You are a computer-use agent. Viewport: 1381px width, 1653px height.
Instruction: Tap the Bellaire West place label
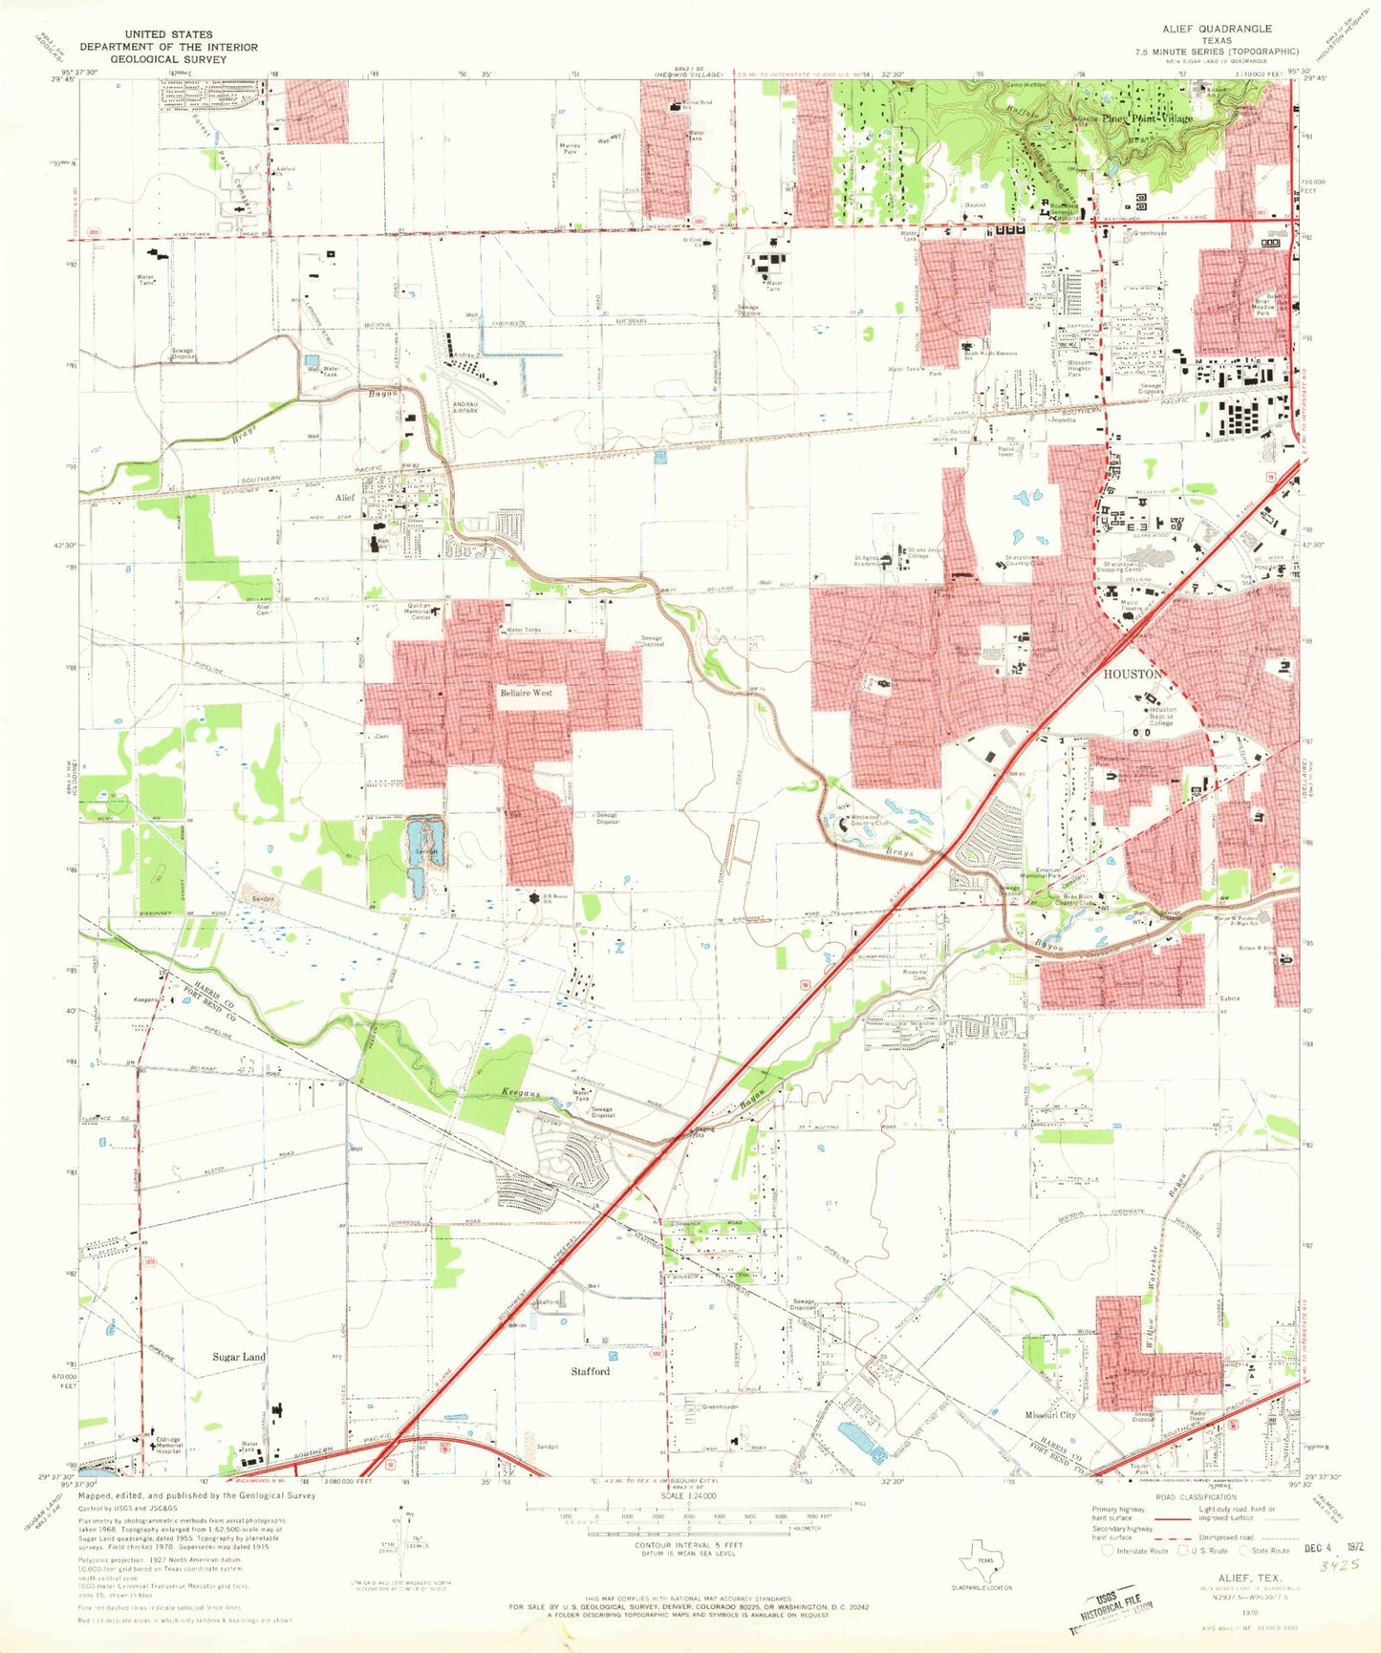526,692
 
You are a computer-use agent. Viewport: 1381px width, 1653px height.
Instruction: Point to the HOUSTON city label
1133,674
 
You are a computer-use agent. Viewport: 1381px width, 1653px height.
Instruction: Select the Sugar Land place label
239,1357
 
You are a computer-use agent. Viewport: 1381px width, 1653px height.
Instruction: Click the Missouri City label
1050,1415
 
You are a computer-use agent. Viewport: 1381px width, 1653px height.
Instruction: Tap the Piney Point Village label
1147,118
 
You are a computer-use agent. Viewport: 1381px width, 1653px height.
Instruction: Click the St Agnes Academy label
866,561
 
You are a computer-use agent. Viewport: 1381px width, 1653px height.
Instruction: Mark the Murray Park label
571,149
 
